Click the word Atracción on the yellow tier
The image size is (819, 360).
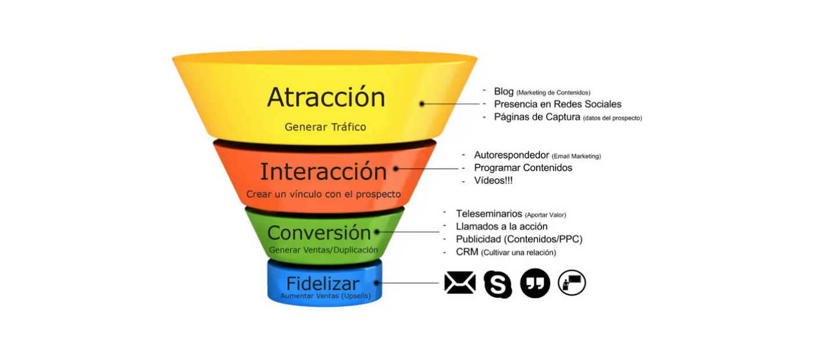[x=326, y=97]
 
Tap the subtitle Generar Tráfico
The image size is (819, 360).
[x=325, y=127]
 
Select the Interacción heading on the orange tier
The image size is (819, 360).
[x=323, y=171]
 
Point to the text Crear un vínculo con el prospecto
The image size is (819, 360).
[x=324, y=194]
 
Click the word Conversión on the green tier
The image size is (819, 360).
[x=319, y=233]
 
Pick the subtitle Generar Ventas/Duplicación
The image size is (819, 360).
[x=324, y=250]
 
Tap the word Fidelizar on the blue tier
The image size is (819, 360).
[x=323, y=283]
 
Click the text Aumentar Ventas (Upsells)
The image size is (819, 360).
[x=326, y=296]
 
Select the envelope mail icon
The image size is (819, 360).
[x=460, y=283]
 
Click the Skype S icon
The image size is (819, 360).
[x=498, y=284]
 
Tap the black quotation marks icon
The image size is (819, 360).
[x=536, y=283]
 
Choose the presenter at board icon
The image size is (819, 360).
[x=572, y=283]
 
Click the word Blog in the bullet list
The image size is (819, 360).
[x=504, y=91]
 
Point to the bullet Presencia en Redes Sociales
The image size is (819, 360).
[x=558, y=104]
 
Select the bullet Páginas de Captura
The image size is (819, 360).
[x=537, y=117]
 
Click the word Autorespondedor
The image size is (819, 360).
[x=512, y=155]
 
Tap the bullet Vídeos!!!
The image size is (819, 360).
[x=493, y=180]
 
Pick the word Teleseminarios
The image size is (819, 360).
[x=489, y=214]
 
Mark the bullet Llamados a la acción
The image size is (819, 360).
[x=502, y=226]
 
